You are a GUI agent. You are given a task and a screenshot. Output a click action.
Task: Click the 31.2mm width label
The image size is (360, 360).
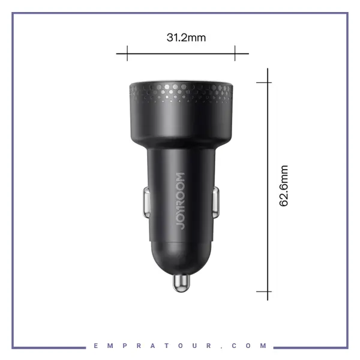pos(186,38)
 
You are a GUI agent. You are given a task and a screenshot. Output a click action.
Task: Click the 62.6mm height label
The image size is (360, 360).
pos(284,186)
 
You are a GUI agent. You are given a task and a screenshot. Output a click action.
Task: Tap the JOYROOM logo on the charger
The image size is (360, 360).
pos(181,201)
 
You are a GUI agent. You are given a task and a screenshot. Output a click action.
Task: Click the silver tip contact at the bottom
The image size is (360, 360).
pos(181,283)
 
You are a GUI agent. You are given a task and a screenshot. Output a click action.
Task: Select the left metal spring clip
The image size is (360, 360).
pos(146,202)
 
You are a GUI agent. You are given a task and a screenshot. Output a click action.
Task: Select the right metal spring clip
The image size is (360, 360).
pos(216,202)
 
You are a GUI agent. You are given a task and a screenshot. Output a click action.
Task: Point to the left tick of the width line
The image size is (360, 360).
pos(127,53)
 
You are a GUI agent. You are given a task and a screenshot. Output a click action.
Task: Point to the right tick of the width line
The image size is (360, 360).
pos(235,53)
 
